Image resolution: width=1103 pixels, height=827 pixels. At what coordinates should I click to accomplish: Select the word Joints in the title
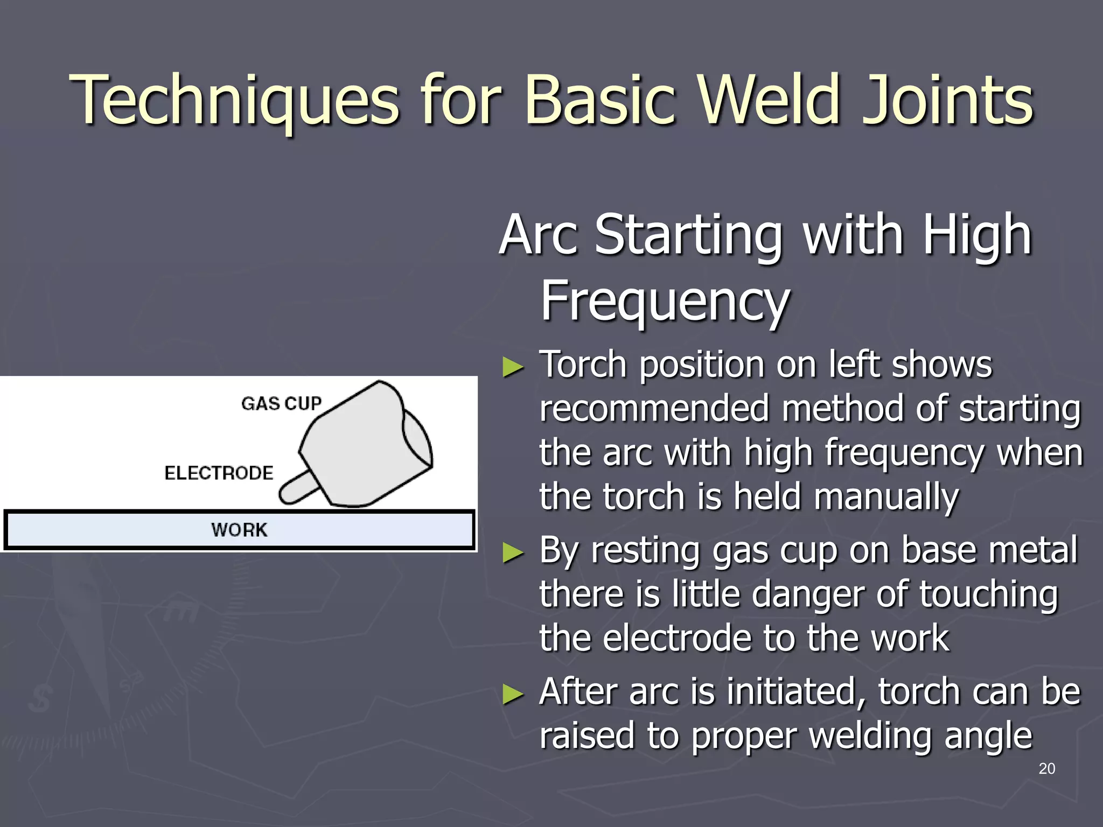947,100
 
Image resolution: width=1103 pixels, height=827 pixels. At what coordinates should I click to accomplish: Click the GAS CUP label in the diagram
281,403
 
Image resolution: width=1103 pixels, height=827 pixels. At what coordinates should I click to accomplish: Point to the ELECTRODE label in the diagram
219,473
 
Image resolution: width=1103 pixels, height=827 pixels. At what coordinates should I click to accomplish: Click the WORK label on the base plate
239,530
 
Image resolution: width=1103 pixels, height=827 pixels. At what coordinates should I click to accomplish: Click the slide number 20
1046,768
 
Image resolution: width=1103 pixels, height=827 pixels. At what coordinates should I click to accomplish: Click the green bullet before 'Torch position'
513,367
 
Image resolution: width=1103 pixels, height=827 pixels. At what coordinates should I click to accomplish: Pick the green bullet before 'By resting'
513,553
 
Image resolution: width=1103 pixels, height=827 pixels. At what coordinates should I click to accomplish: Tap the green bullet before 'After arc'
513,695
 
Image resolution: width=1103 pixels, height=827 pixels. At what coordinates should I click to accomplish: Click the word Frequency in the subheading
665,302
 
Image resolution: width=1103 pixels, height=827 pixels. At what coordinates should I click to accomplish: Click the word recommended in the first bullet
654,409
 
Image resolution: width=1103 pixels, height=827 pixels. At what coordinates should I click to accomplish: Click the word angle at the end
988,737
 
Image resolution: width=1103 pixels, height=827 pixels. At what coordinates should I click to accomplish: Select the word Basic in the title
600,100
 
